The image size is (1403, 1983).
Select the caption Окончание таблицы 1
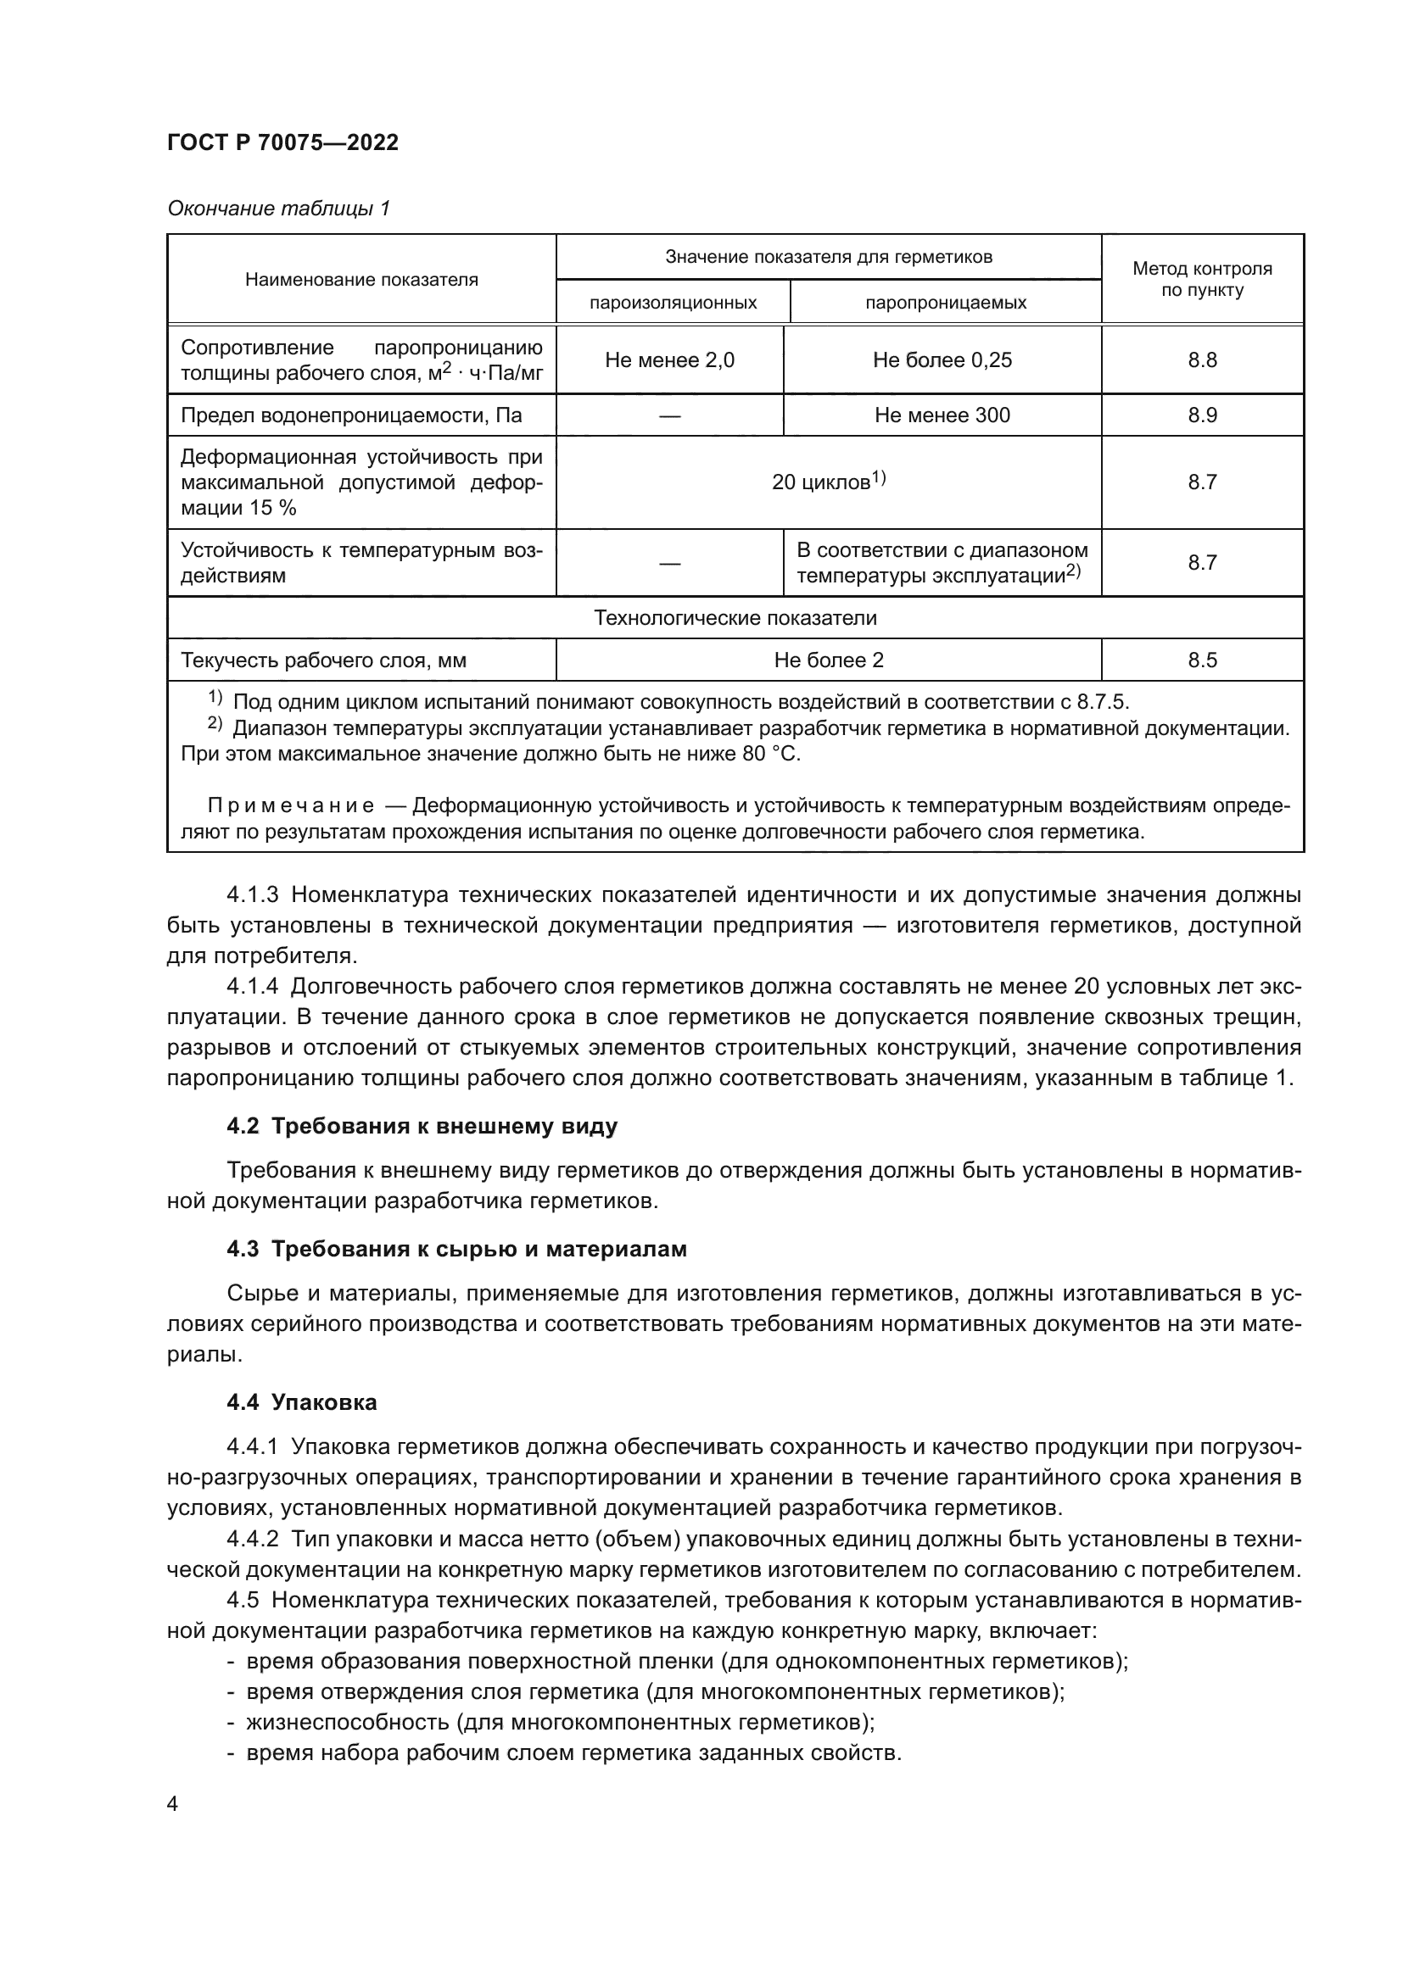click(278, 209)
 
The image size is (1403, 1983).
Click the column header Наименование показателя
click(361, 279)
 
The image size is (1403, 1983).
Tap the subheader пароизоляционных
click(673, 303)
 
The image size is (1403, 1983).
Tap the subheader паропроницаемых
click(945, 303)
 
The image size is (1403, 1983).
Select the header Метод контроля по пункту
click(1202, 279)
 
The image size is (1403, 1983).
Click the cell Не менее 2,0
click(669, 360)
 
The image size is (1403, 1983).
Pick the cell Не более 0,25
click(942, 360)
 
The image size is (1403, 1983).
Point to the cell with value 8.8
click(1202, 360)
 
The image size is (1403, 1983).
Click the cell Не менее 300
click(942, 415)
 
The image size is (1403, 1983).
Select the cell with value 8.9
click(1202, 415)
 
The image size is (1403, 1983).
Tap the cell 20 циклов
click(828, 482)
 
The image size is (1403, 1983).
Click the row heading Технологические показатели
click(735, 618)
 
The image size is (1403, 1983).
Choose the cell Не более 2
click(828, 660)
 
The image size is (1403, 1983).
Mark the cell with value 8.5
click(1202, 660)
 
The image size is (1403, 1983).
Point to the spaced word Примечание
click(290, 805)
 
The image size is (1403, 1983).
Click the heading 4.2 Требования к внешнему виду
click(422, 1126)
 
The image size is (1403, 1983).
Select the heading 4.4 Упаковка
click(301, 1402)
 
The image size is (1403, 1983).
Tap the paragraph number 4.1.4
click(252, 986)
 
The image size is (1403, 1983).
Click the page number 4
click(173, 1803)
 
